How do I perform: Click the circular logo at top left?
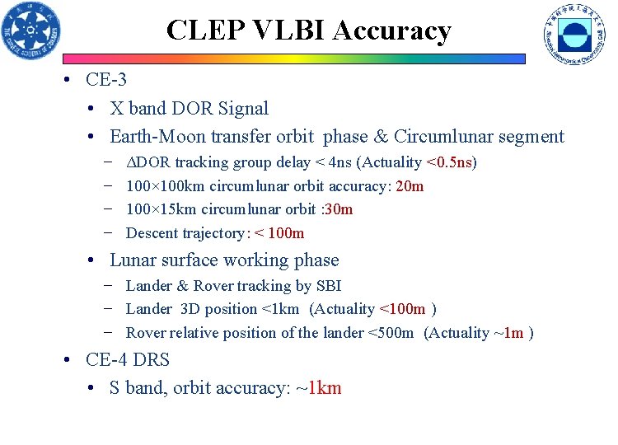[31, 31]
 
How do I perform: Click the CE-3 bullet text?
[106, 81]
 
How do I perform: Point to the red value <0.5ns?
[451, 162]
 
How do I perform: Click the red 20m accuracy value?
[410, 186]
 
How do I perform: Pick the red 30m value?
[339, 209]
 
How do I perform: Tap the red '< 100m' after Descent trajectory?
[279, 233]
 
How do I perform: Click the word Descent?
[153, 233]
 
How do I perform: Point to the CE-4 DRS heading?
[128, 360]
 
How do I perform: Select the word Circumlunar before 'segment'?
[450, 137]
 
